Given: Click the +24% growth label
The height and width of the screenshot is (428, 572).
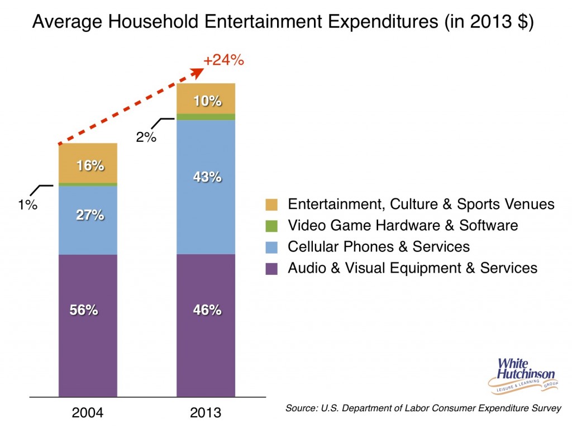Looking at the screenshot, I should coord(223,60).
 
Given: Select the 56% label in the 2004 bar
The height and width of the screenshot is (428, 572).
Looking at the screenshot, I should coord(88,310).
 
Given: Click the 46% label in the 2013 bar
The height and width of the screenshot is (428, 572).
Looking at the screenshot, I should coord(206,310).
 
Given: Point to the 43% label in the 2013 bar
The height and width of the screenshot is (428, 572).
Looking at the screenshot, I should coord(206,177).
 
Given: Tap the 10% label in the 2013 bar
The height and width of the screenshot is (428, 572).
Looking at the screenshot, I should coord(206,102).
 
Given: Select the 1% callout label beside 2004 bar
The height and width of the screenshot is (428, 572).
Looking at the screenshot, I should coord(26,205).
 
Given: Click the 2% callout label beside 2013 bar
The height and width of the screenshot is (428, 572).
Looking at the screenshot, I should coord(146,137).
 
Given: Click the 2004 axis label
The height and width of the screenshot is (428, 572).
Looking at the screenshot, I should coord(88,413).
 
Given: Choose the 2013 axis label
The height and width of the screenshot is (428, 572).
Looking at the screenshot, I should coord(206,413).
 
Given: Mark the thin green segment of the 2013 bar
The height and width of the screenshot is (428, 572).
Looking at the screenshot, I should coord(206,117).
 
